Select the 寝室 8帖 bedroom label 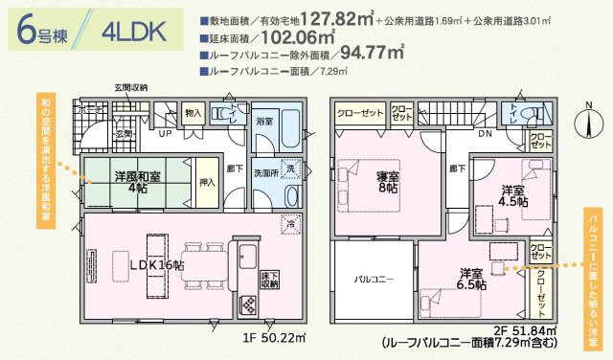(387, 182)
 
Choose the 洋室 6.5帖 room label (471, 279)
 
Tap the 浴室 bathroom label (264, 123)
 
